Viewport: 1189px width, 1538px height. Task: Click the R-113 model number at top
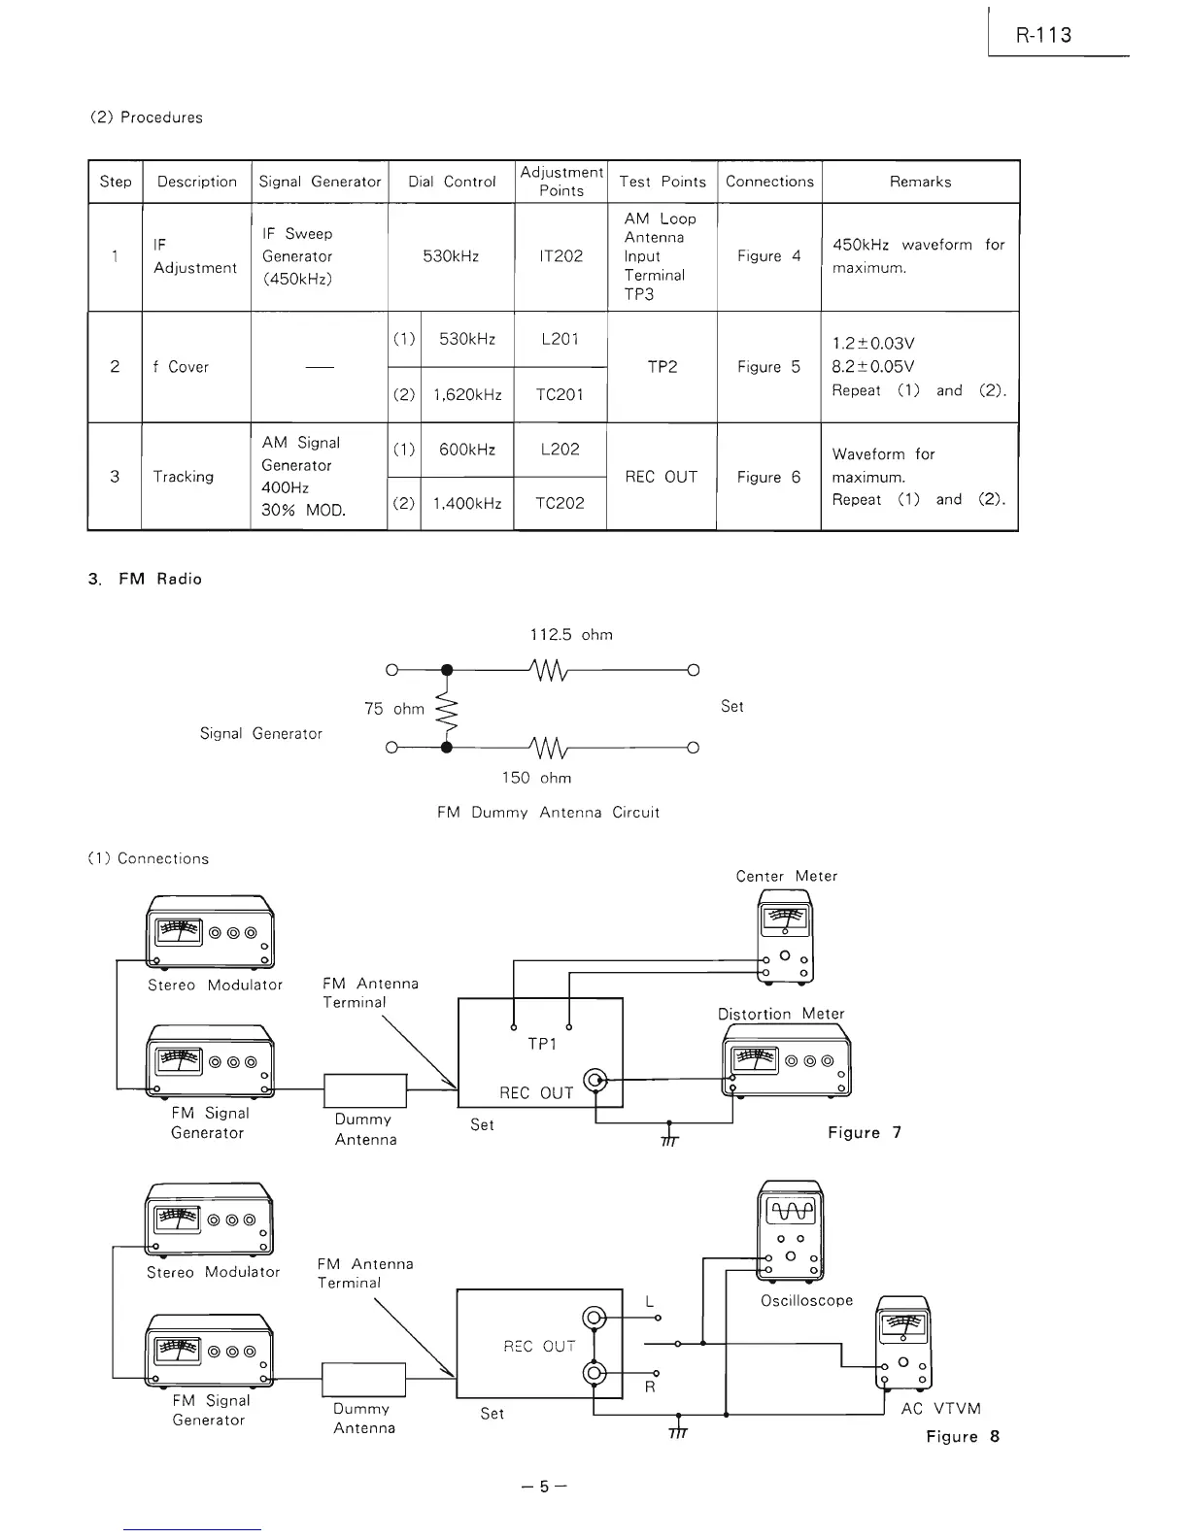1043,36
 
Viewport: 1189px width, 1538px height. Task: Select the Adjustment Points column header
561,182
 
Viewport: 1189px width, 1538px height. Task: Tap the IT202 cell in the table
561,256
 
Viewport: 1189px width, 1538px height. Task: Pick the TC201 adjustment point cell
561,394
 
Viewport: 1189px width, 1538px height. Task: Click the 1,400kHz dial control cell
467,503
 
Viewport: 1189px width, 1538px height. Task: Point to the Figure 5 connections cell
768,367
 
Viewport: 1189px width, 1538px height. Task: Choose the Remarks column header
920,182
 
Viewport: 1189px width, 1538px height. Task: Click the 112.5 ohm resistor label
571,635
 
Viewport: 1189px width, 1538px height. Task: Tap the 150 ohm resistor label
536,778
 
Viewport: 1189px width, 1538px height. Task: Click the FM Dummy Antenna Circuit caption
548,813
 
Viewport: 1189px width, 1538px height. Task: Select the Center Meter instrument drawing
785,936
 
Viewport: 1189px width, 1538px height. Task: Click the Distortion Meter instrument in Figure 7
787,1060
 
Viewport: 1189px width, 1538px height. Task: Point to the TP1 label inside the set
542,1044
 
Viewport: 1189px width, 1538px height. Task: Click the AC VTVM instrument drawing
903,1343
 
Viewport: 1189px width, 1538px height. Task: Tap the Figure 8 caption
963,1437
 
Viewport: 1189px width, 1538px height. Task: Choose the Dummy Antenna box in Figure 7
364,1090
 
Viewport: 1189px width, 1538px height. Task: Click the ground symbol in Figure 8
678,1431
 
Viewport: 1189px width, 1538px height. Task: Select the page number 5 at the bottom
544,1488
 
